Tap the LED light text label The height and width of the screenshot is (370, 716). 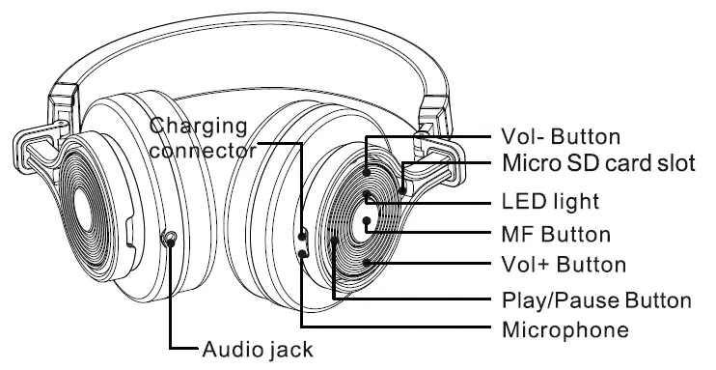[x=550, y=202]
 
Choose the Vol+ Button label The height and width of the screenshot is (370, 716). [x=565, y=264]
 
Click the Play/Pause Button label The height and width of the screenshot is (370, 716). [x=596, y=299]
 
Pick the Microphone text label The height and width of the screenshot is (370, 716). [x=565, y=329]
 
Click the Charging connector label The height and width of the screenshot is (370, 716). [x=204, y=138]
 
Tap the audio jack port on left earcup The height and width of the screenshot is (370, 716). [x=171, y=239]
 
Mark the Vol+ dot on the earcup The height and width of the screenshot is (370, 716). [x=367, y=262]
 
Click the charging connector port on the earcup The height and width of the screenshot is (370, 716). [x=302, y=235]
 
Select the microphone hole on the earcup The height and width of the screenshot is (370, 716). [x=302, y=253]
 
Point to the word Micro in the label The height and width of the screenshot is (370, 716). [x=530, y=161]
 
